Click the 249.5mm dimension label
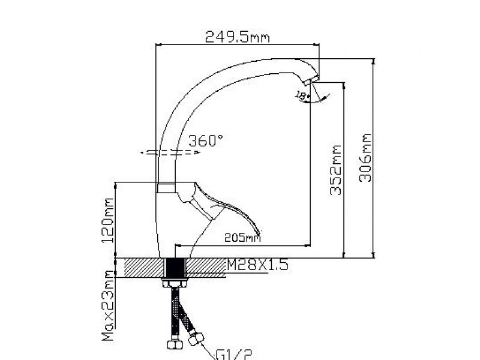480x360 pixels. (237, 37)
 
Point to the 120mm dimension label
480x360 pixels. (109, 220)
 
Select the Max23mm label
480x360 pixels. (109, 306)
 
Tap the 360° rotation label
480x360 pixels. (206, 142)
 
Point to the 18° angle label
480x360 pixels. (302, 95)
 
